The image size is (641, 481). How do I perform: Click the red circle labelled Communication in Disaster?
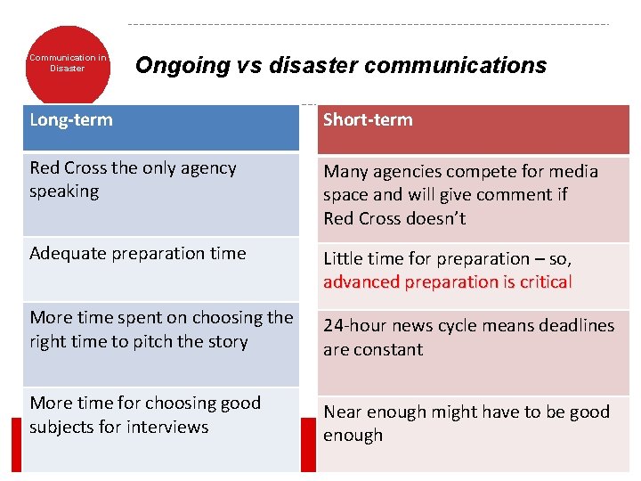[68, 62]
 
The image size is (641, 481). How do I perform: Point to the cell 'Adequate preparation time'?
[137, 254]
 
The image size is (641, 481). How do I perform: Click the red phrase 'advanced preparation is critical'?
[447, 282]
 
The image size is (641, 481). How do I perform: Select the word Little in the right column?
[342, 259]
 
